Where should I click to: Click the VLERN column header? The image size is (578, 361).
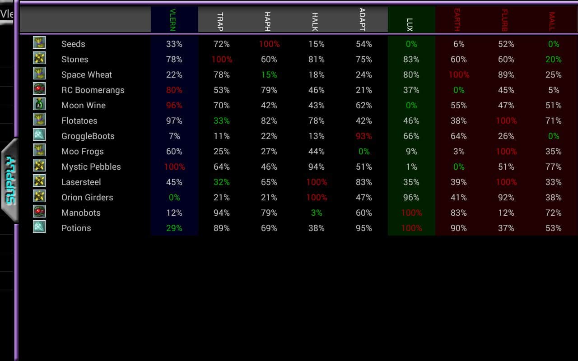172,19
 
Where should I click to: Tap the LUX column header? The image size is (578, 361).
410,24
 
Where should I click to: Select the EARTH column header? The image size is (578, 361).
457,20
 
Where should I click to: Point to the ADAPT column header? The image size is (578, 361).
362,19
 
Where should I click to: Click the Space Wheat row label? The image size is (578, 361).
87,75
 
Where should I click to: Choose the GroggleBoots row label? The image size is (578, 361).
88,136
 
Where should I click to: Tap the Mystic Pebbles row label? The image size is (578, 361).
91,167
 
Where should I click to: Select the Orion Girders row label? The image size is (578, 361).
87,198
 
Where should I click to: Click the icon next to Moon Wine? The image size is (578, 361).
39,104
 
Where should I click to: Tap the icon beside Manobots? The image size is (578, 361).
39,212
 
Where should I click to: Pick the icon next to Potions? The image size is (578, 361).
39,227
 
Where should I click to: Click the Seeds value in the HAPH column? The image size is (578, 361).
269,44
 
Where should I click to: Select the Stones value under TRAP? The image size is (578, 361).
222,60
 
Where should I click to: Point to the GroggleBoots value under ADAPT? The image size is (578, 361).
364,136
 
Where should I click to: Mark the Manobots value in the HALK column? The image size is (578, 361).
317,213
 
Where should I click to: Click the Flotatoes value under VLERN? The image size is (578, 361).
174,121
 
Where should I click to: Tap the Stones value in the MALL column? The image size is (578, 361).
554,60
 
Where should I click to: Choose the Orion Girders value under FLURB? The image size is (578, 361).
506,198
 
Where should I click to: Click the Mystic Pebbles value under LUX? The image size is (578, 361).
411,167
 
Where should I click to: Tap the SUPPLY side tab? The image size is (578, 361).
10,180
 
